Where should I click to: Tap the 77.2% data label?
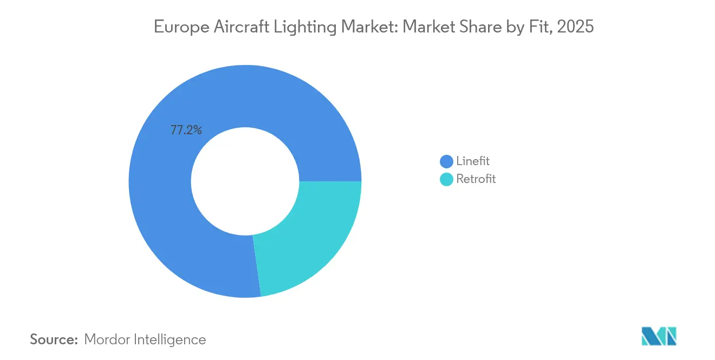(x=186, y=130)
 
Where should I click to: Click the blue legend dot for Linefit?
(x=446, y=161)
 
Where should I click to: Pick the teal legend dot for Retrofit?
(x=446, y=179)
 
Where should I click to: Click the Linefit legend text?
(x=472, y=161)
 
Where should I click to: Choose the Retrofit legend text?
(x=476, y=179)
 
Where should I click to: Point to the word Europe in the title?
(x=178, y=27)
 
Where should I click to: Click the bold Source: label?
(x=54, y=339)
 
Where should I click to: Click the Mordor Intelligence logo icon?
(x=659, y=336)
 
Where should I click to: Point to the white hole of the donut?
(x=245, y=181)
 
